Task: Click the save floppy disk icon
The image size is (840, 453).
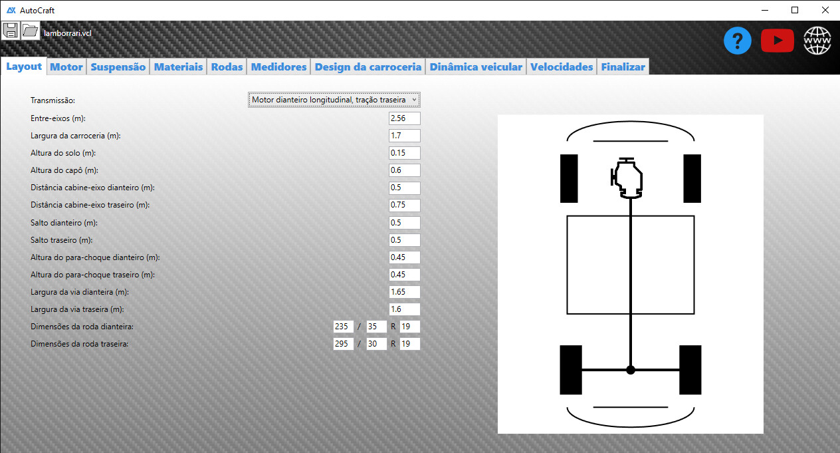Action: (x=11, y=31)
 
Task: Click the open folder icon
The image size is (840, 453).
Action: (x=30, y=31)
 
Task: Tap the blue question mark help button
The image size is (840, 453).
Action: (x=737, y=41)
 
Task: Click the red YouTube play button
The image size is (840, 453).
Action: (x=778, y=41)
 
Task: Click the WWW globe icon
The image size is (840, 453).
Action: (x=817, y=41)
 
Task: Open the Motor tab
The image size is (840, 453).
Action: (x=66, y=67)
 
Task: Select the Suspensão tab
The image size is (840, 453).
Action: (x=118, y=67)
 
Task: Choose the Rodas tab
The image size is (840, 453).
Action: (x=227, y=67)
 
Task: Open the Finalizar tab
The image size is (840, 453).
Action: (x=623, y=67)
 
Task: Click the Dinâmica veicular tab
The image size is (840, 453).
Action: (x=476, y=67)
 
